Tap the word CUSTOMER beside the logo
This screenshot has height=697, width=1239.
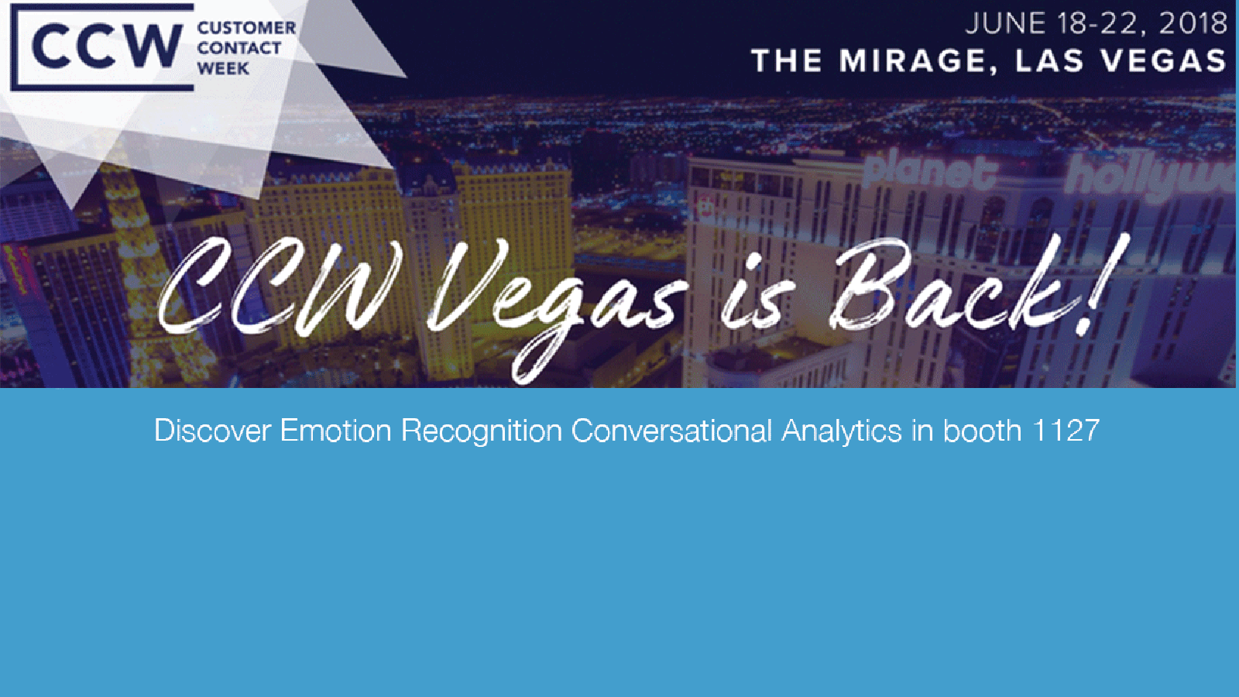pyautogui.click(x=247, y=28)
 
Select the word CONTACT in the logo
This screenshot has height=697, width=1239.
pyautogui.click(x=239, y=48)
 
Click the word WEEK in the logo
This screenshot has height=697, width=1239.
pyautogui.click(x=224, y=69)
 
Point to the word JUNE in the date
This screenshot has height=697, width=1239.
pyautogui.click(x=1006, y=23)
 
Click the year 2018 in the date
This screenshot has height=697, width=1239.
pyautogui.click(x=1193, y=23)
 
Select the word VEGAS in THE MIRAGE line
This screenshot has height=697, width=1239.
pyautogui.click(x=1164, y=61)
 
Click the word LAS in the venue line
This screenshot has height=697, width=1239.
pyautogui.click(x=1049, y=61)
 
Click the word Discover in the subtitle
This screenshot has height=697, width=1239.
pyautogui.click(x=213, y=431)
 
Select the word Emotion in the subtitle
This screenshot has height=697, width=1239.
pyautogui.click(x=336, y=431)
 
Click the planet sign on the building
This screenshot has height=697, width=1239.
pyautogui.click(x=930, y=171)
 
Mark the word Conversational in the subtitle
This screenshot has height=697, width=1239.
pyautogui.click(x=671, y=431)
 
